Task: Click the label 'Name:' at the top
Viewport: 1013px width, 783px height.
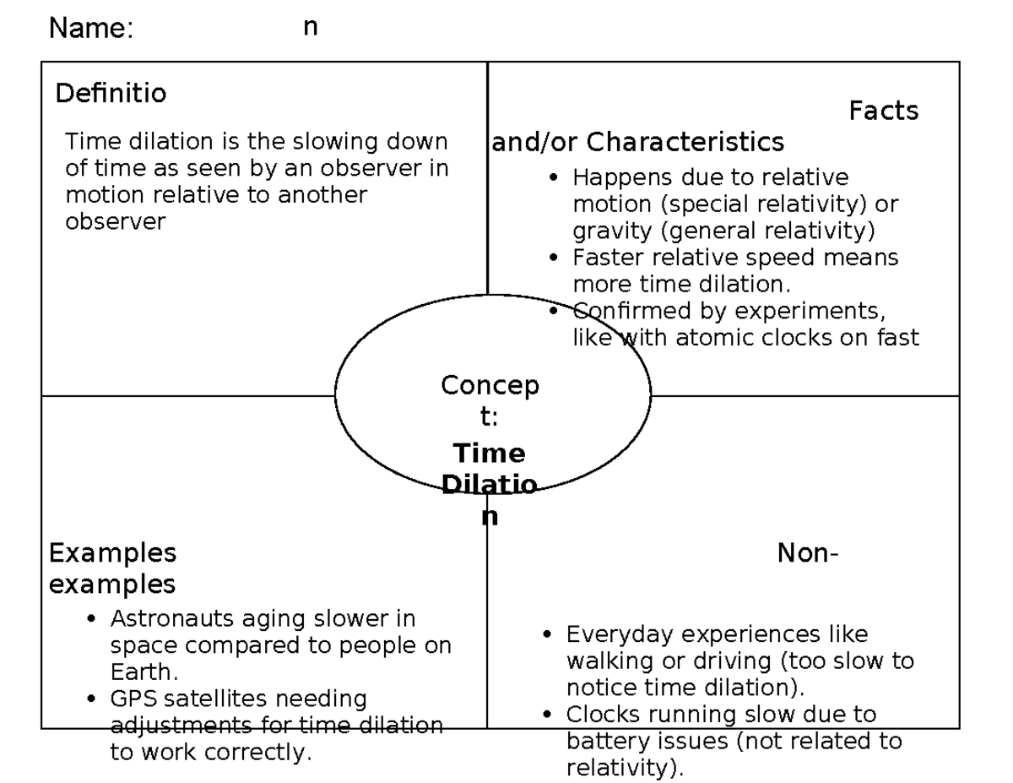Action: point(91,29)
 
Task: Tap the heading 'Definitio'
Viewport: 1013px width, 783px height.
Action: point(111,94)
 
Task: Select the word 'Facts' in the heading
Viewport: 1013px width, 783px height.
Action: point(883,111)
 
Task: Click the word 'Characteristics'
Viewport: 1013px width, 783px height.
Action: point(685,142)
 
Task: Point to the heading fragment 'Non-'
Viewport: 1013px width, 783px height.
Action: point(807,554)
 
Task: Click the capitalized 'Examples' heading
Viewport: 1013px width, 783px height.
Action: point(112,553)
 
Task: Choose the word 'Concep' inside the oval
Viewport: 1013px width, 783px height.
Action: point(490,386)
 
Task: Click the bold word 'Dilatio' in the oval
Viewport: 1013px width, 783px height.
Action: point(490,486)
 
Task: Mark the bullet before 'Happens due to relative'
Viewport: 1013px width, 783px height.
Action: point(553,178)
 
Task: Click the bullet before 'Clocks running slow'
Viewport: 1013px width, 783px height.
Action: point(547,715)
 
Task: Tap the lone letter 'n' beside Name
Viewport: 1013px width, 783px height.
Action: point(311,28)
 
